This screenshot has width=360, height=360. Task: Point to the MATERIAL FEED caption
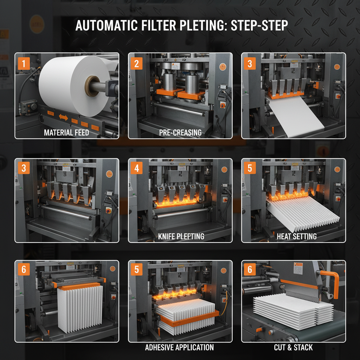[66, 133]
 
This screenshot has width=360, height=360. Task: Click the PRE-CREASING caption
[180, 133]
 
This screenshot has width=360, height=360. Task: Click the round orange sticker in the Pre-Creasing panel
[222, 66]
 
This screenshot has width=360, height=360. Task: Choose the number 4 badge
[137, 168]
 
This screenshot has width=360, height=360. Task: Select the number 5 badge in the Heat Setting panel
[250, 168]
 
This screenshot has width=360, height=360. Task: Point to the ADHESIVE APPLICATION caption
[179, 347]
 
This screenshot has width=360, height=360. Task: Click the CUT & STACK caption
[293, 347]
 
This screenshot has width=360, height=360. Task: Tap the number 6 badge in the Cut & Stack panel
[250, 270]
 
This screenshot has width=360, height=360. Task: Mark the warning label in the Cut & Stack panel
[298, 270]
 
